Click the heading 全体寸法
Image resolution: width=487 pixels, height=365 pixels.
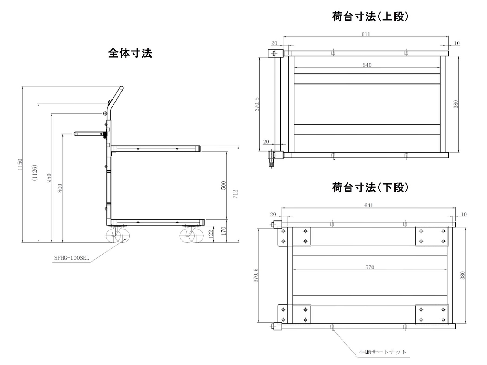[x=130, y=53]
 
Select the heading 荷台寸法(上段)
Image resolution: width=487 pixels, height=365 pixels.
[x=370, y=16]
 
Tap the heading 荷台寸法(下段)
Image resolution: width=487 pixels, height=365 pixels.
[x=370, y=187]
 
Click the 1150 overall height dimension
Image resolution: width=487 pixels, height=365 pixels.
[x=20, y=164]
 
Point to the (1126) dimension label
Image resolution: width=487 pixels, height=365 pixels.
[x=34, y=173]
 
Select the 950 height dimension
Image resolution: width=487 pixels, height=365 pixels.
[x=49, y=178]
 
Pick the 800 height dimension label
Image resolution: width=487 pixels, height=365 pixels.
[x=60, y=188]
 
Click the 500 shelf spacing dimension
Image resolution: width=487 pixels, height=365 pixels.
[x=223, y=185]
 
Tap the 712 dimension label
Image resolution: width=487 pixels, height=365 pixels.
[x=235, y=194]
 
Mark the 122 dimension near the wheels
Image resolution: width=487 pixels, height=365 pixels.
[x=211, y=233]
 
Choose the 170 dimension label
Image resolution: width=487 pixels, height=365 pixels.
[x=223, y=231]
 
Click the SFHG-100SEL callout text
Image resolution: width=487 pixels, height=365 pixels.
[x=71, y=258]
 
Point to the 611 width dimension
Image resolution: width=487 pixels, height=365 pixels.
[x=366, y=34]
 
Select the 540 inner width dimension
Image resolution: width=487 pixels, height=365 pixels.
[x=367, y=65]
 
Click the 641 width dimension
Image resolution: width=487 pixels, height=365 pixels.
[x=368, y=205]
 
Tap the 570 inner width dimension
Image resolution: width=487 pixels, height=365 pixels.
[x=370, y=267]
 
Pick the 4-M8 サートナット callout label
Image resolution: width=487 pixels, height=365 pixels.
[x=383, y=352]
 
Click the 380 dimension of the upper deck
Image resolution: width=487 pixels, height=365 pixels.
[x=456, y=104]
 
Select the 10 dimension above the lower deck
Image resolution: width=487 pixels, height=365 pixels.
[x=464, y=214]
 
